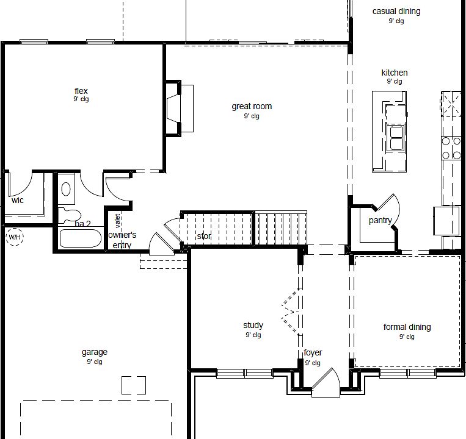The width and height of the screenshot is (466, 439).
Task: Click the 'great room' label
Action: [251, 107]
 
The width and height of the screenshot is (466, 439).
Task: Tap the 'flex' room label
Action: [81, 91]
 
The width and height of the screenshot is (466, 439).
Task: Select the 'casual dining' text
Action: [396, 11]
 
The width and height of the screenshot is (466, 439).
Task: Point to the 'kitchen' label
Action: [394, 73]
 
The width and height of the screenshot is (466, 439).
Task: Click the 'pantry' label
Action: [380, 221]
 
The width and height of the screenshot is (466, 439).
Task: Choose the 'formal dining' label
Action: [407, 327]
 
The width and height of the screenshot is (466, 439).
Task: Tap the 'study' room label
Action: [253, 326]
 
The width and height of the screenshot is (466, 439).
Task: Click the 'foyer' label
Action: [313, 353]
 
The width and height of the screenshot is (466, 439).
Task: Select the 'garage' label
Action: [94, 352]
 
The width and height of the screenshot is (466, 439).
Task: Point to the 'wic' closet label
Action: [17, 200]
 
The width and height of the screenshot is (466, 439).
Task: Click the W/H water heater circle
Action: [13, 237]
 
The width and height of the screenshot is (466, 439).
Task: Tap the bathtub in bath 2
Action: [81, 237]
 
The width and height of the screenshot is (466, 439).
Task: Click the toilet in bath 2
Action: [72, 214]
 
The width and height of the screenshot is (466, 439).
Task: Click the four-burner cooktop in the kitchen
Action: [451, 146]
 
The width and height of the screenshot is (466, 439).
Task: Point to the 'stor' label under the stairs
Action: [203, 236]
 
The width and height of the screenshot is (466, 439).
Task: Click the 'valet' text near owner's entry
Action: [117, 220]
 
